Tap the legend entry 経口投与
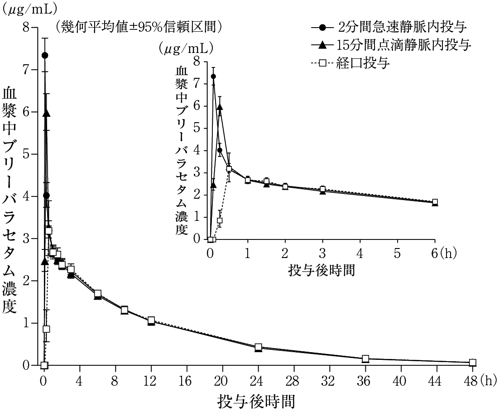[x=362, y=63]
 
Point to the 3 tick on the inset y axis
[x=198, y=173]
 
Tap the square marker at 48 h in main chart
[x=472, y=363]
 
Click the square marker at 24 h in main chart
[x=258, y=347]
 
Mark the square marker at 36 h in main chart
[x=365, y=358]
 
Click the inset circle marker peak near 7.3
[x=213, y=76]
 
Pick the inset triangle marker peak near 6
[x=220, y=107]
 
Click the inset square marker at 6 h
[x=435, y=202]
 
